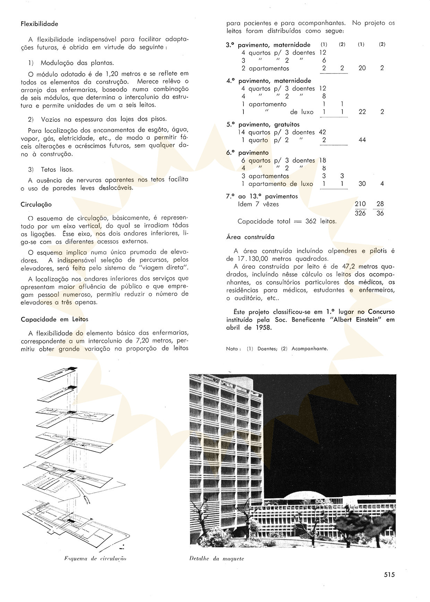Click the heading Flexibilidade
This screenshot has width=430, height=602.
pyautogui.click(x=39, y=24)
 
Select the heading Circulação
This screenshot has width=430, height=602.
pyautogui.click(x=36, y=204)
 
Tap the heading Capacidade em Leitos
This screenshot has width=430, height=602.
pyautogui.click(x=54, y=319)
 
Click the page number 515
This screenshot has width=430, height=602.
pyautogui.click(x=389, y=574)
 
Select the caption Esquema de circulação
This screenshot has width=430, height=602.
pyautogui.click(x=95, y=558)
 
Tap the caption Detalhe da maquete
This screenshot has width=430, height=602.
pyautogui.click(x=217, y=558)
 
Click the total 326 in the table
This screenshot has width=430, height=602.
pyautogui.click(x=360, y=213)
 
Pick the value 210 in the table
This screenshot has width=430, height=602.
pyautogui.click(x=360, y=204)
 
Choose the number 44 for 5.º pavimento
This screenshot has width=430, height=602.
pyautogui.click(x=362, y=140)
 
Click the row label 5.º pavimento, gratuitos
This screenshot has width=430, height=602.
pyautogui.click(x=263, y=124)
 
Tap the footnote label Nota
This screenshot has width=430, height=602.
pyautogui.click(x=232, y=349)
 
